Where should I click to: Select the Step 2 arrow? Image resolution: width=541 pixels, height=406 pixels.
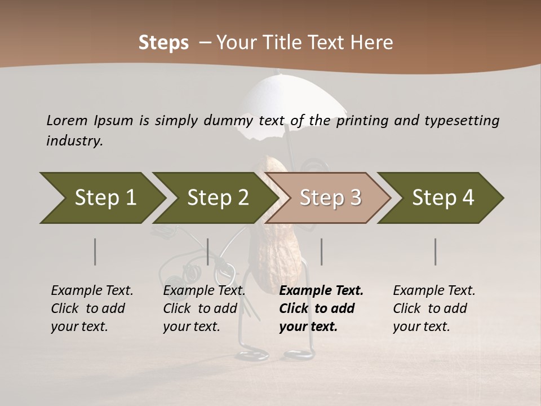coord(217,198)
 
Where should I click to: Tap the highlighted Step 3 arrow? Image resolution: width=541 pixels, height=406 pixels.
coord(329,198)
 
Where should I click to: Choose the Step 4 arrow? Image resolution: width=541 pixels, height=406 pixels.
coord(442,198)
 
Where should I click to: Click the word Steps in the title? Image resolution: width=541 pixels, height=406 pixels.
coord(163,43)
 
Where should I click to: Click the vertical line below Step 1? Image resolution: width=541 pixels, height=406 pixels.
coord(95,251)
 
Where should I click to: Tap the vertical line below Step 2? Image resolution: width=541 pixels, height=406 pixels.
coord(208,251)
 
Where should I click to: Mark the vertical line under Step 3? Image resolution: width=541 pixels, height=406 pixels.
coord(321,251)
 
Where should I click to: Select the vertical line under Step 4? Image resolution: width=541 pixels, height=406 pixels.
coord(435,251)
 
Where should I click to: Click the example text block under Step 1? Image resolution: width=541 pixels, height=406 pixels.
coord(92,308)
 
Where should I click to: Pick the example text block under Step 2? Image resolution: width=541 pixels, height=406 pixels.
coord(204,308)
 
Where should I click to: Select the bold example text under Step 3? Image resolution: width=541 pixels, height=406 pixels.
coord(321,308)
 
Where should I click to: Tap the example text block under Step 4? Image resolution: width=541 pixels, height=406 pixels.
coord(434,308)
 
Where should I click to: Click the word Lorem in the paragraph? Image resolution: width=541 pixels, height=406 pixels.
coord(66,121)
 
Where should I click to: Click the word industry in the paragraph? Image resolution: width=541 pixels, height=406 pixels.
coord(74,141)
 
